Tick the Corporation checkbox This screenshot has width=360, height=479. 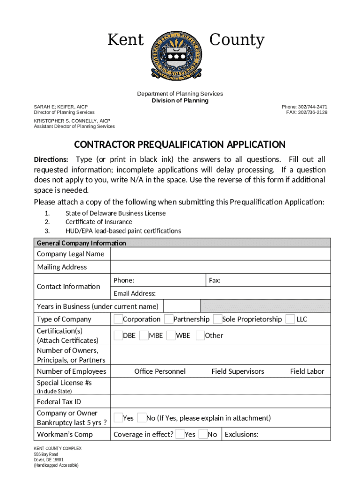118,319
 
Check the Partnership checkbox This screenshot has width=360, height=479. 169,319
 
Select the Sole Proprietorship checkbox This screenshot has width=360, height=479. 217,319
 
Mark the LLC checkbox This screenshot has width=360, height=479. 290,319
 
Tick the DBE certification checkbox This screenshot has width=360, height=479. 118,335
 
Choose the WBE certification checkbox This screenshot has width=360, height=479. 171,335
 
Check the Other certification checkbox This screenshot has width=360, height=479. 200,335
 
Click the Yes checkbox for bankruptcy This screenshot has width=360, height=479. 118,418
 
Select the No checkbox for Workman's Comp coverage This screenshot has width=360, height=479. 203,434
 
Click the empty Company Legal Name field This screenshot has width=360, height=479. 220,254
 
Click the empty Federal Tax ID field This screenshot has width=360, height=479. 220,402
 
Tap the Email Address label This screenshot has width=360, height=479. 135,294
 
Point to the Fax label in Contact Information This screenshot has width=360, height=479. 215,280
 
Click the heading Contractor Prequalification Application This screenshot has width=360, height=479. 180,145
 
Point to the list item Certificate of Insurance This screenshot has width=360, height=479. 99,222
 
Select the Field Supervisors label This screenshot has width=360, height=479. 238,371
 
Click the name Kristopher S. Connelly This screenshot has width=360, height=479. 72,121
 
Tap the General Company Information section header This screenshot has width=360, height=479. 81,243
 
